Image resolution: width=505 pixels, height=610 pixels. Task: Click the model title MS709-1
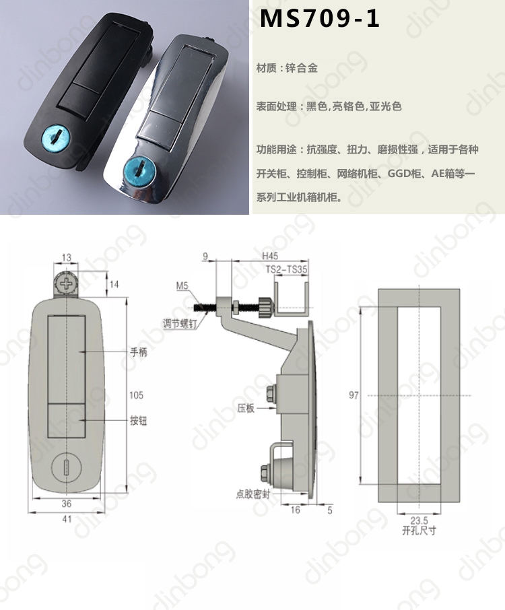(x=319, y=18)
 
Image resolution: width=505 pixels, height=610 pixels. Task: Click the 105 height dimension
(x=136, y=395)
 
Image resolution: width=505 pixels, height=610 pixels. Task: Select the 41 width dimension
(x=67, y=519)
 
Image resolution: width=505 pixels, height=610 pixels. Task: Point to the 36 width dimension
(x=67, y=504)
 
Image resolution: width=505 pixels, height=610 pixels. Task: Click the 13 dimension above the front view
(x=67, y=257)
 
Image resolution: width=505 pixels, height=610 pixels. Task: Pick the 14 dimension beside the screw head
(x=114, y=284)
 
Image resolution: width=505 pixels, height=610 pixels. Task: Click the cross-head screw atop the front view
(x=66, y=284)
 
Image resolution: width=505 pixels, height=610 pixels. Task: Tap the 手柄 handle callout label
(x=139, y=352)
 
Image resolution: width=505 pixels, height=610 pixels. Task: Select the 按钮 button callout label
(x=139, y=421)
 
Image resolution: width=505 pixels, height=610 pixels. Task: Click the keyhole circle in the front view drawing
(x=66, y=467)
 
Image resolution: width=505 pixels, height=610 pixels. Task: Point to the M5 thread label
(x=182, y=286)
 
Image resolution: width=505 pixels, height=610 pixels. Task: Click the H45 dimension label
(x=270, y=256)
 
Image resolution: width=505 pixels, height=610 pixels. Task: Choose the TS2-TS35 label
(x=287, y=269)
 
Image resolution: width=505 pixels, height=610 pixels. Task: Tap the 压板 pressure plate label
(x=246, y=408)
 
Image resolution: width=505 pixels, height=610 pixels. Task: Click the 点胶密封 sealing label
(x=253, y=494)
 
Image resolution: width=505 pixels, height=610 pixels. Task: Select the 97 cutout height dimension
(x=353, y=395)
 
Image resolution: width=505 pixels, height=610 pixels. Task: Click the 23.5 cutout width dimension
(x=419, y=520)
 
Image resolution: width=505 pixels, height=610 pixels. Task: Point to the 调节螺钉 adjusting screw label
(x=180, y=323)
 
